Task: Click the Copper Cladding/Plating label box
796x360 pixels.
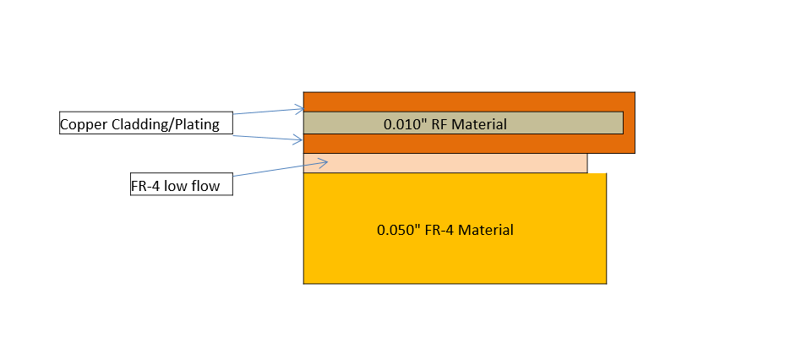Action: click(145, 124)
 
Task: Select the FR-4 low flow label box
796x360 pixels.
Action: click(181, 186)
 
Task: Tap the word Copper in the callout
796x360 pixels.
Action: click(80, 125)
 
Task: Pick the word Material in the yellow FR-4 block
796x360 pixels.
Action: click(484, 229)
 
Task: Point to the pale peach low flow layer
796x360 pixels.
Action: click(445, 163)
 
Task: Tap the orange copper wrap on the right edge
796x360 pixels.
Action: click(629, 123)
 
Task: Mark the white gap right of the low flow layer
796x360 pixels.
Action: click(597, 163)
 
